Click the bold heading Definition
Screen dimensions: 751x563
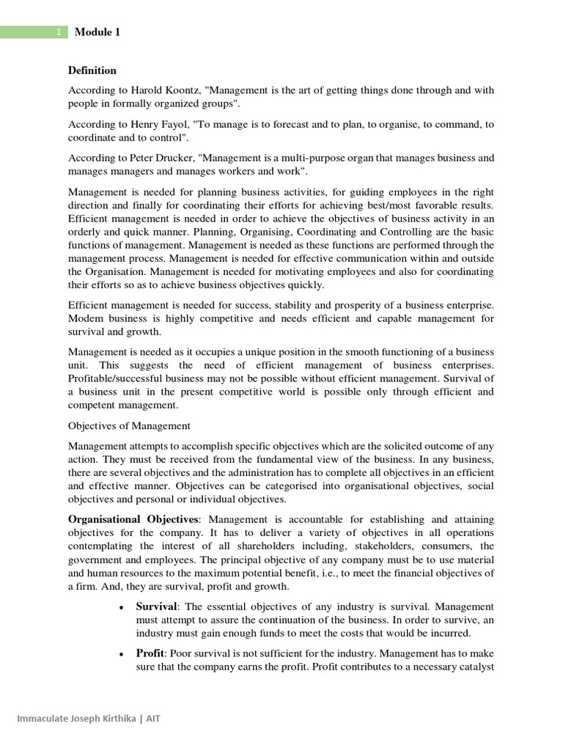coord(92,70)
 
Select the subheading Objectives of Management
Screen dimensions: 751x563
coord(130,425)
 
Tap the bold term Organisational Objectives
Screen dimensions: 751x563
coord(133,519)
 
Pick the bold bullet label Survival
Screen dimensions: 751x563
coord(156,607)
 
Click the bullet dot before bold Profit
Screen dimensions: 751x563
coord(120,653)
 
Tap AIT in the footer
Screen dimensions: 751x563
coord(152,718)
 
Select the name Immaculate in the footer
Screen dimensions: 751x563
coord(32,718)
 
